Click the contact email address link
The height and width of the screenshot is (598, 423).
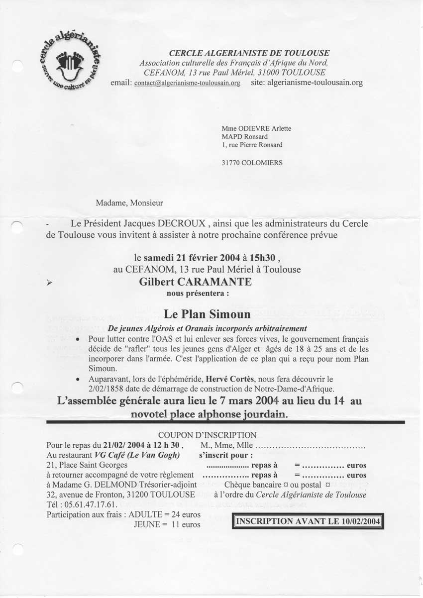click(187, 83)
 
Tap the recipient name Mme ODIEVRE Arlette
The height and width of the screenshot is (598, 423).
click(256, 128)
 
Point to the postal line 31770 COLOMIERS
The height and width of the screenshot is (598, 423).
click(254, 162)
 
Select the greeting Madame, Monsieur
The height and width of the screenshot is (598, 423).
click(129, 202)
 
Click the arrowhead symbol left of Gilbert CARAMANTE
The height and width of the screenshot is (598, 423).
click(49, 282)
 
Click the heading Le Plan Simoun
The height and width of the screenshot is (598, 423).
click(207, 314)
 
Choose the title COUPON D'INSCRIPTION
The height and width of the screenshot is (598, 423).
click(207, 435)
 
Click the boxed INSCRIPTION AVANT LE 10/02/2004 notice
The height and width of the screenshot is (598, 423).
click(308, 521)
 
